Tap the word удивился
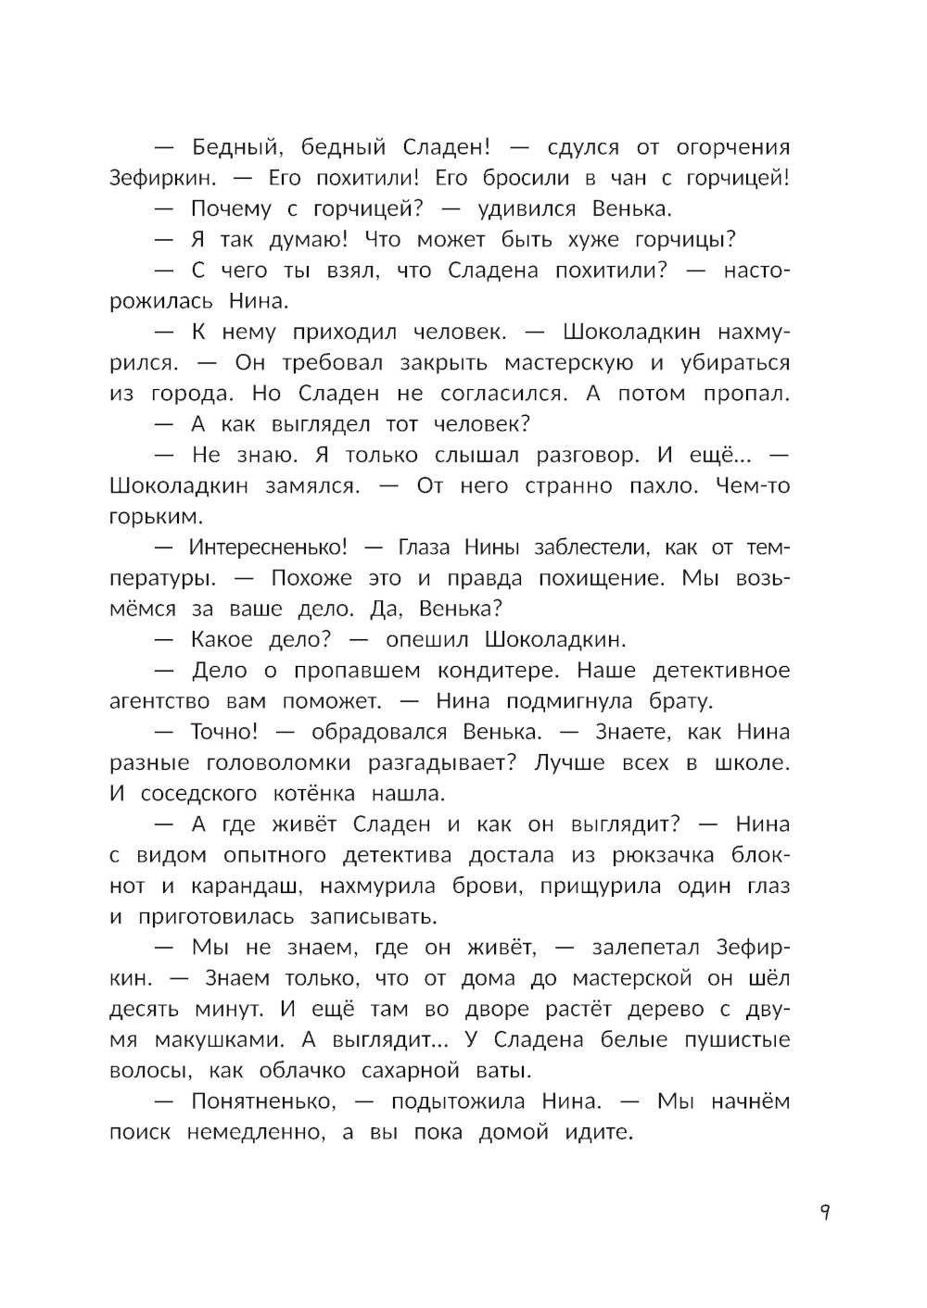[x=527, y=209]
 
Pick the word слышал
[x=483, y=456]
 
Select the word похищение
[x=603, y=579]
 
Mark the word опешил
[x=426, y=640]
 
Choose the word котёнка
[x=314, y=794]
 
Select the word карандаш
[x=245, y=887]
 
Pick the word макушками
[x=208, y=1040]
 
